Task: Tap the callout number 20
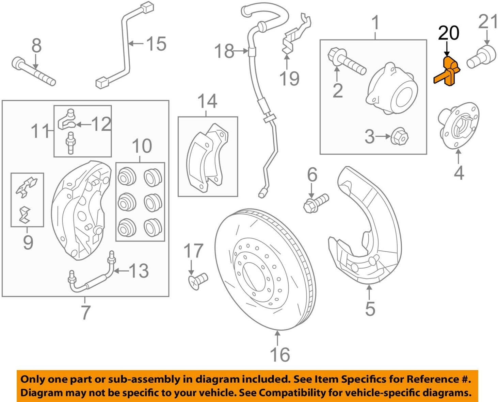[x=448, y=33]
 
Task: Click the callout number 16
[x=280, y=354]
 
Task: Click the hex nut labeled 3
[x=400, y=137]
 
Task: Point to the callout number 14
[x=207, y=101]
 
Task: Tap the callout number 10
[x=142, y=146]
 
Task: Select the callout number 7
[x=85, y=312]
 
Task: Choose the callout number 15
[x=156, y=44]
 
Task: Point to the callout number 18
[x=224, y=51]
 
